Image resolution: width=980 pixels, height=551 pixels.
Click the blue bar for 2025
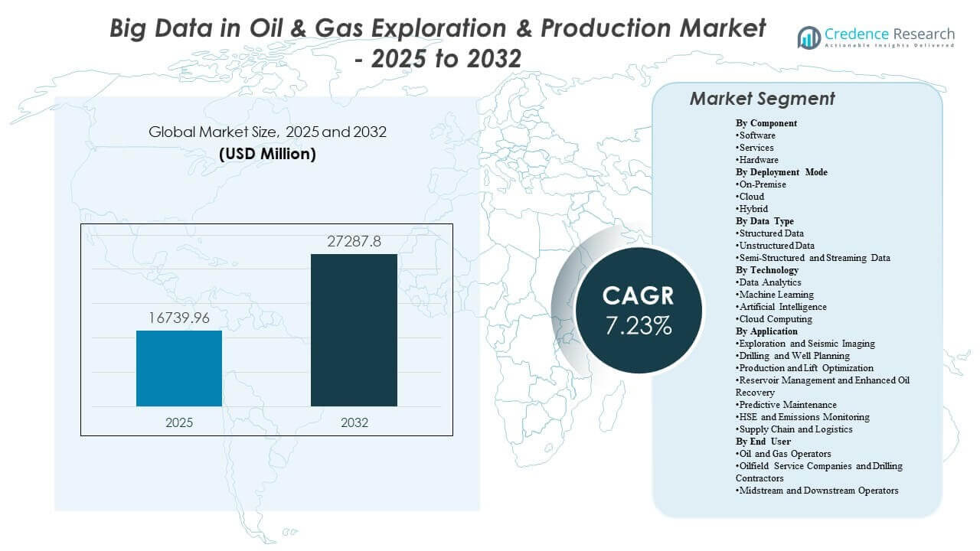[x=179, y=368]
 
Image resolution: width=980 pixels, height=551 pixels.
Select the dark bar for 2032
[x=354, y=330]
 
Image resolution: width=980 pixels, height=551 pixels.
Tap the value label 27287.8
[x=354, y=242]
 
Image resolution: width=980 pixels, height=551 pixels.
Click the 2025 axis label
[x=179, y=422]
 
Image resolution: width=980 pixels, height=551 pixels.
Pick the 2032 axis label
[x=354, y=422]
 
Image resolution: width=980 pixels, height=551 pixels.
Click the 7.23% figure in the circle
[x=638, y=325]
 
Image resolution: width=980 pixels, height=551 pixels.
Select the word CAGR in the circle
[x=638, y=296]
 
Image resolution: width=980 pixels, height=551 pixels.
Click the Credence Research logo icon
[x=808, y=37]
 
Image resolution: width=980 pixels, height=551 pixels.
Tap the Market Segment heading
[x=762, y=99]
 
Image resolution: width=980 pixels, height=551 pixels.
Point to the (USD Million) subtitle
[x=267, y=154]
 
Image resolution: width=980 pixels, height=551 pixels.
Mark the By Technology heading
[x=767, y=270]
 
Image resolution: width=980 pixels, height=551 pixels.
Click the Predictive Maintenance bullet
[x=786, y=405]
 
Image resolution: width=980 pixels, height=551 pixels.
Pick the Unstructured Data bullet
[x=775, y=246]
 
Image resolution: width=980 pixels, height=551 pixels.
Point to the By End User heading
[x=763, y=442]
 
